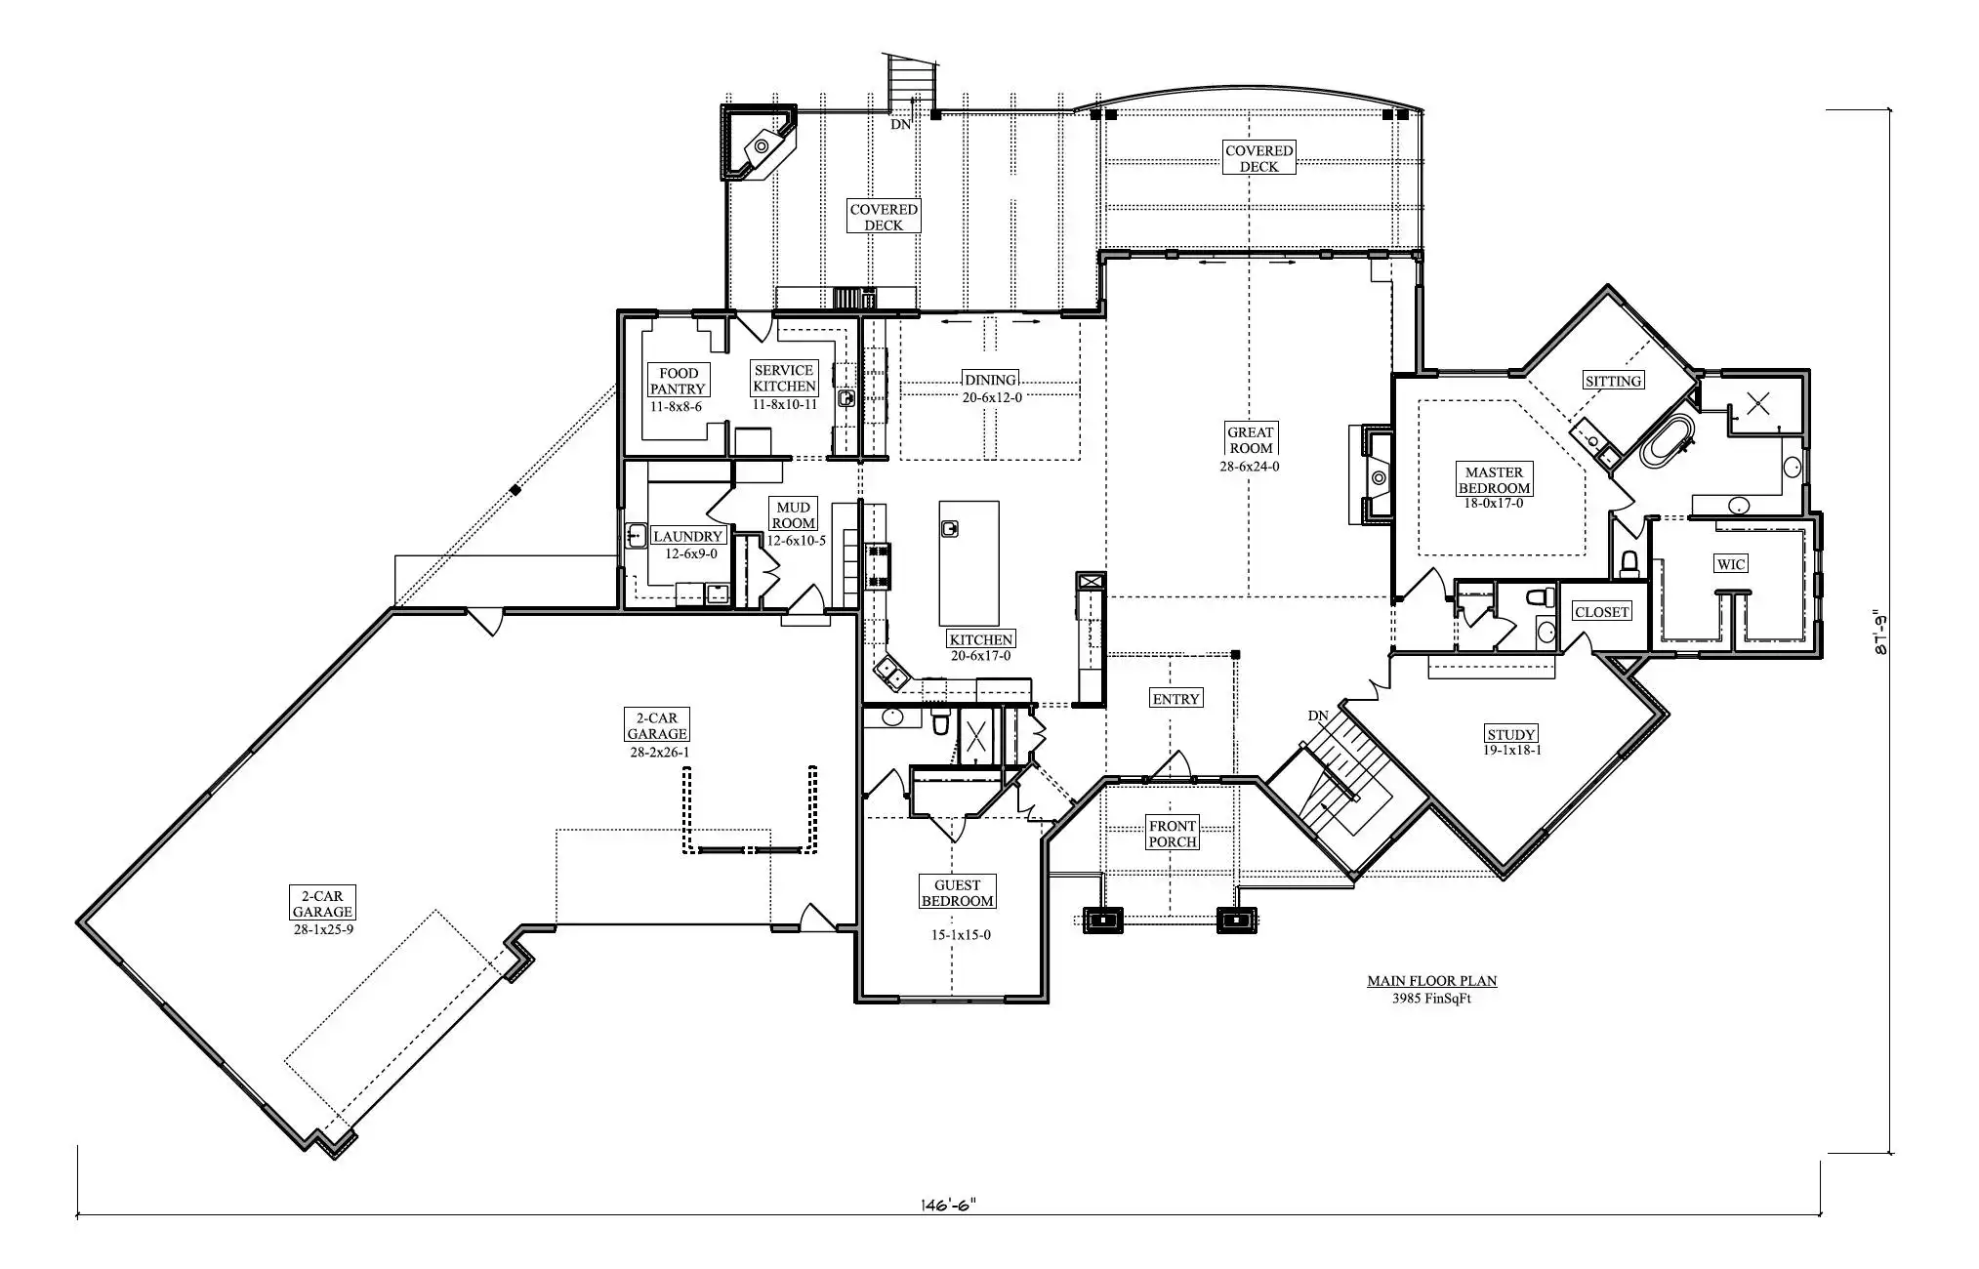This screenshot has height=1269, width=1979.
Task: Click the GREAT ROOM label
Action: (x=1251, y=440)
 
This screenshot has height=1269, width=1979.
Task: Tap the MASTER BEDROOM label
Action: (x=1494, y=480)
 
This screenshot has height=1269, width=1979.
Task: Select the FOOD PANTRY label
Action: (x=678, y=381)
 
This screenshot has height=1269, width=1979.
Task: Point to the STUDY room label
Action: (x=1511, y=734)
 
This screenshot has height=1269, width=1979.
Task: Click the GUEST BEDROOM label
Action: (x=958, y=893)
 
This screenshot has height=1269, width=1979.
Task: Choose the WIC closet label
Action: (x=1730, y=564)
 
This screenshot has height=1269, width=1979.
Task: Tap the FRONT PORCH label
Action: (x=1173, y=834)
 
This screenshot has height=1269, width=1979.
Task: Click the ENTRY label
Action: (x=1175, y=699)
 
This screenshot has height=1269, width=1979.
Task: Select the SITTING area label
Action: (x=1613, y=381)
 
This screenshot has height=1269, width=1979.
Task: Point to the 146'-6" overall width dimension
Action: (x=948, y=1206)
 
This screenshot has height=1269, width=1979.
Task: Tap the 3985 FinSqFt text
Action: (x=1431, y=999)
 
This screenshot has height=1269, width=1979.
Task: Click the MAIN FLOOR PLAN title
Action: (x=1431, y=981)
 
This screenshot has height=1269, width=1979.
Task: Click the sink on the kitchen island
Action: (x=951, y=528)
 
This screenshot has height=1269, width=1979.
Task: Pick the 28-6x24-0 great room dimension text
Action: (x=1250, y=467)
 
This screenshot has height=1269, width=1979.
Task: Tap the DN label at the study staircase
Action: (x=1318, y=716)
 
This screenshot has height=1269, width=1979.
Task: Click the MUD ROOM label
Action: (x=794, y=515)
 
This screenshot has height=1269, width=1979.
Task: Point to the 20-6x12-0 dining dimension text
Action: (x=991, y=397)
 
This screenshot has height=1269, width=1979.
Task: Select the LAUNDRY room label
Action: (x=687, y=536)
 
